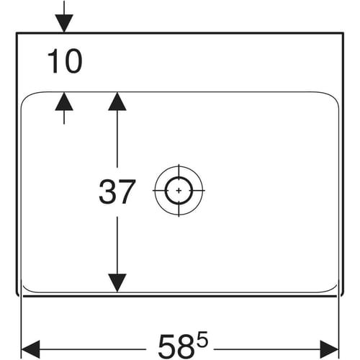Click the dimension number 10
click(65, 61)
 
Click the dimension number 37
click(117, 192)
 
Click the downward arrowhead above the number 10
click(64, 23)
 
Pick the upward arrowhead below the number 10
click(64, 102)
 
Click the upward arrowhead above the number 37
click(117, 102)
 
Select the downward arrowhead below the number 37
click(117, 283)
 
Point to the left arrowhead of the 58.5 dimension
click(31, 349)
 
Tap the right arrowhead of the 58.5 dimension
click(329, 349)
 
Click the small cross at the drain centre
click(179, 191)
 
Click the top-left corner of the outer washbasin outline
click(17, 32)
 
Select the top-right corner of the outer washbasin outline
click(343, 32)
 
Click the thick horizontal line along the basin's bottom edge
click(180, 296)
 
